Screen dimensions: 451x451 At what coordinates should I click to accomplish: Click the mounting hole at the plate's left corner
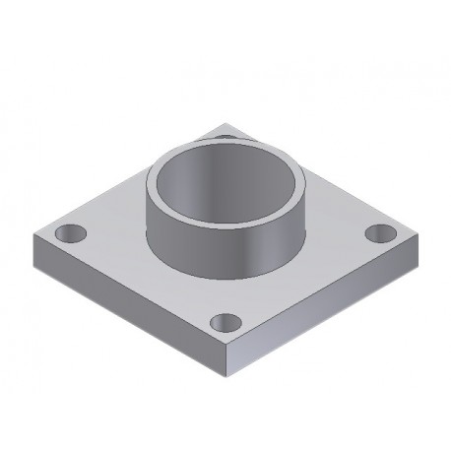(70, 234)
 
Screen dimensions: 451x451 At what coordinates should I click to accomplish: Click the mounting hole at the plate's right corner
(378, 233)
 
